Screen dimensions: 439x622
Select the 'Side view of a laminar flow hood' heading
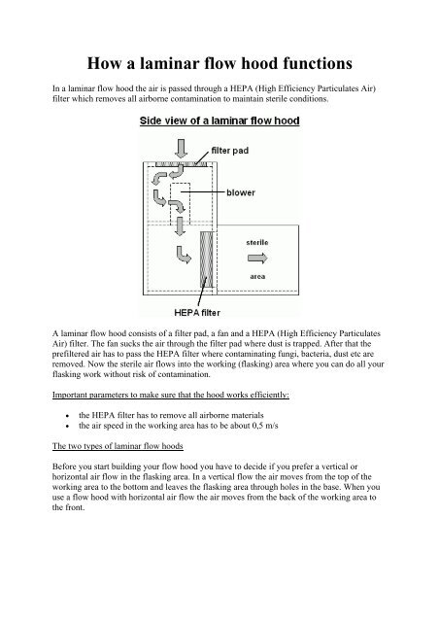tap(219, 121)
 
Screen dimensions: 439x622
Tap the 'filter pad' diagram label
tap(230, 151)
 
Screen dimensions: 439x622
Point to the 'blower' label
tap(241, 192)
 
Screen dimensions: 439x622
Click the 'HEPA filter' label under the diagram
tap(197, 313)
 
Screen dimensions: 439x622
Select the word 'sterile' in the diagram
tap(257, 242)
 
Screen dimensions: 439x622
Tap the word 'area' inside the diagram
tap(257, 276)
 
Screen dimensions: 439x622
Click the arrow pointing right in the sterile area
tap(257, 259)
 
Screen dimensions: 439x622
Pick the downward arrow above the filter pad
tap(182, 149)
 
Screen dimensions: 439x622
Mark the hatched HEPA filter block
tap(206, 259)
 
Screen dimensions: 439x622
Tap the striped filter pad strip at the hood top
tap(182, 164)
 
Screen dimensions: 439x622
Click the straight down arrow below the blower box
tap(181, 226)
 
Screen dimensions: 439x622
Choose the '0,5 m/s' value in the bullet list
tap(265, 426)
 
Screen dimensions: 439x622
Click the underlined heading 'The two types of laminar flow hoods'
tap(118, 446)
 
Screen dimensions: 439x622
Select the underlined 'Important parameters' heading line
tap(171, 396)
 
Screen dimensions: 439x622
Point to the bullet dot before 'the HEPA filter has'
tap(68, 416)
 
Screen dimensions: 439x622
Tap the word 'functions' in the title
tap(317, 63)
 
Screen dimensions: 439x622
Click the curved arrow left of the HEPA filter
tap(184, 255)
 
